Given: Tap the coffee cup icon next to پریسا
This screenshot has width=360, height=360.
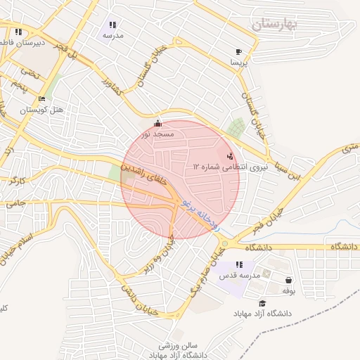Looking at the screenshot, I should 239,52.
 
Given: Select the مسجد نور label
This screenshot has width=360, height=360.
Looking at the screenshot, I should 156,133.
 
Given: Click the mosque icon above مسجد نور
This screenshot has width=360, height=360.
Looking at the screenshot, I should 157,123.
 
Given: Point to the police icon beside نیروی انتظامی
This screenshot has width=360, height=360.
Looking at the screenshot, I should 231,156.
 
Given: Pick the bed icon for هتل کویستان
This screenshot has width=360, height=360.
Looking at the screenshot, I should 41,99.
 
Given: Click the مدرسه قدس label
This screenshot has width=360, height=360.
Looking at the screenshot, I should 239,275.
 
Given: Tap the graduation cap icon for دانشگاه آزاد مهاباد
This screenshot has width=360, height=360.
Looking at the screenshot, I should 262,303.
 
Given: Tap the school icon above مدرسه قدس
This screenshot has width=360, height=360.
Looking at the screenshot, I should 239,265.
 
